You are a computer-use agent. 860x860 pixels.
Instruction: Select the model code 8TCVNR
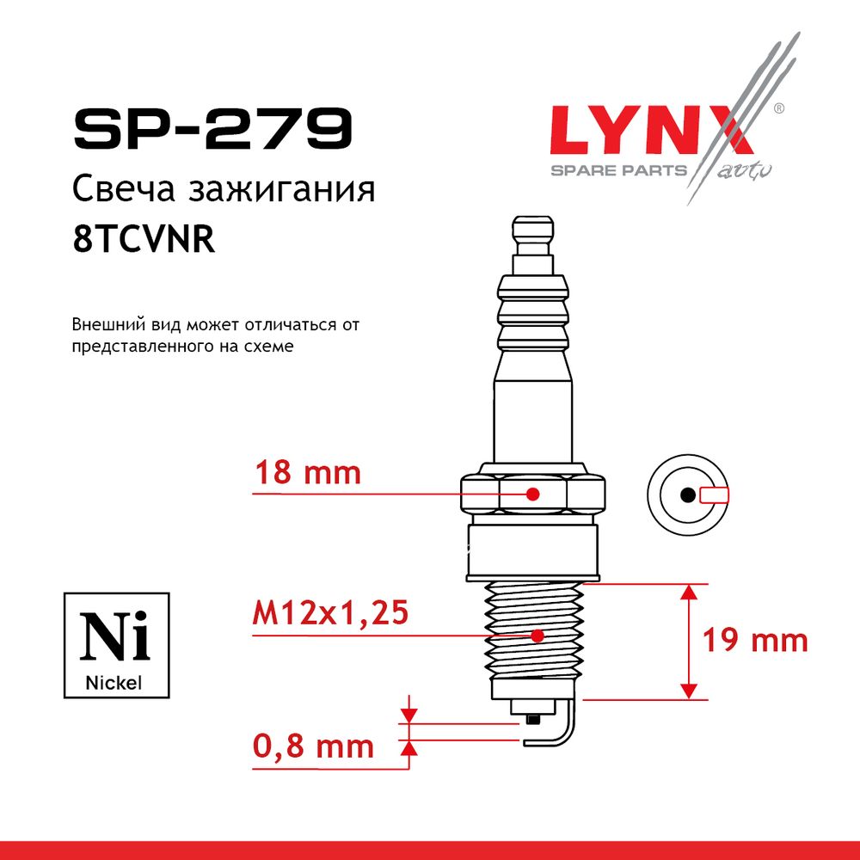(x=143, y=239)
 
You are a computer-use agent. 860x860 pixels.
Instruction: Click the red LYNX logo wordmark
(x=652, y=130)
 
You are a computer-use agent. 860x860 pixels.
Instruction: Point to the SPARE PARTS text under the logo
(x=618, y=170)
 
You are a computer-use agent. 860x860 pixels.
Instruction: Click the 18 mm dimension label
(x=308, y=473)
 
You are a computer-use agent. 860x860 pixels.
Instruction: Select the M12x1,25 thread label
(x=330, y=612)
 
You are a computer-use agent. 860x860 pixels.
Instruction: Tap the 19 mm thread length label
(x=755, y=640)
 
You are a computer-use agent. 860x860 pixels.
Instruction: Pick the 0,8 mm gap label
(x=313, y=746)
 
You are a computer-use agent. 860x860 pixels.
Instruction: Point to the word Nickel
(x=114, y=683)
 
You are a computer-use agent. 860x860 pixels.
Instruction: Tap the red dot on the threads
(x=537, y=636)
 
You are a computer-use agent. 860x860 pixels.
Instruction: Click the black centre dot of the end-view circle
(x=688, y=494)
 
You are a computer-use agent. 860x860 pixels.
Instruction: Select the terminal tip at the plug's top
(x=532, y=236)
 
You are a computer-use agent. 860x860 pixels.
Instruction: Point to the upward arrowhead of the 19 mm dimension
(x=689, y=592)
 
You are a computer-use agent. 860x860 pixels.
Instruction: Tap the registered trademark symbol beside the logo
(x=778, y=108)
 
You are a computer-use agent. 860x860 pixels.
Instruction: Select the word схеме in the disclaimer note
(x=272, y=347)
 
